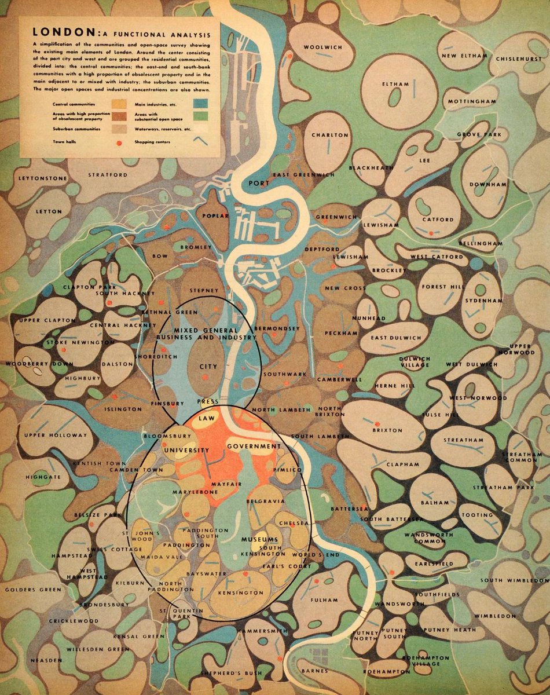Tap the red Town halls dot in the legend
point(119,141)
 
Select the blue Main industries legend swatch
point(201,104)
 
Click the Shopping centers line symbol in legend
point(201,140)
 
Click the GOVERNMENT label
point(254,446)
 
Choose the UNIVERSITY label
point(186,450)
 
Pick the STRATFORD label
point(107,174)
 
